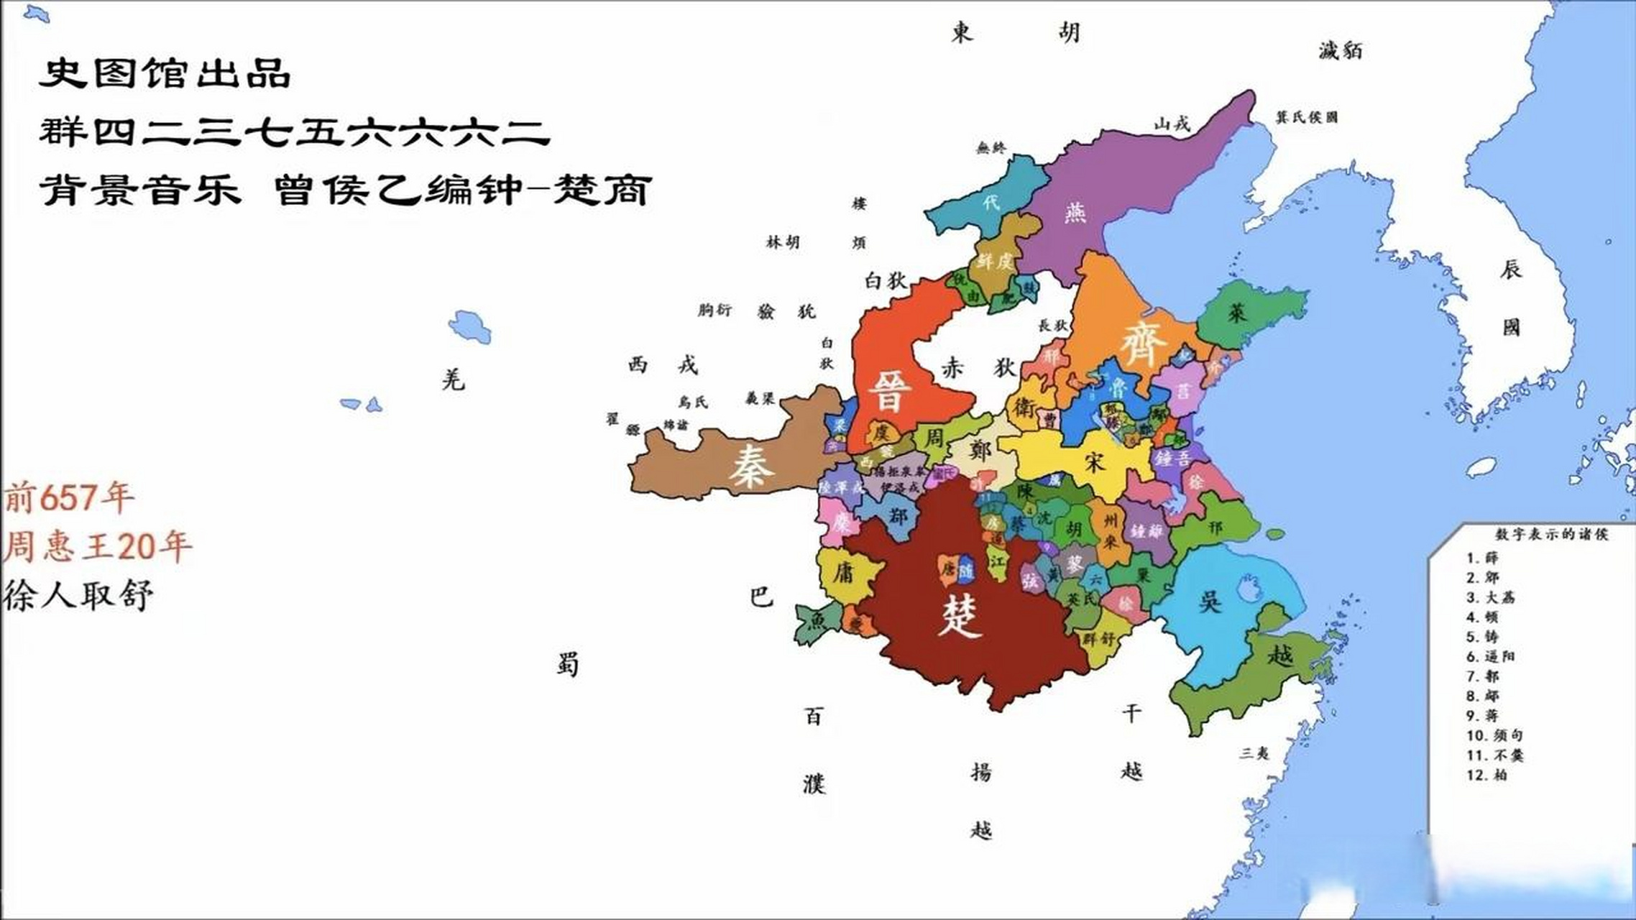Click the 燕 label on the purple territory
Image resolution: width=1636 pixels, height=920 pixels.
pyautogui.click(x=1075, y=212)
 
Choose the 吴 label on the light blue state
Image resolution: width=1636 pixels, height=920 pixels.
pyautogui.click(x=1210, y=600)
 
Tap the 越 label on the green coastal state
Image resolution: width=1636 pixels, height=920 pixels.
pyautogui.click(x=1280, y=655)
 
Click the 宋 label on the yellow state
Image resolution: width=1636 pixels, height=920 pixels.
pyautogui.click(x=1093, y=461)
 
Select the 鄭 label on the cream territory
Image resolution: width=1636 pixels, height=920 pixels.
pyautogui.click(x=979, y=451)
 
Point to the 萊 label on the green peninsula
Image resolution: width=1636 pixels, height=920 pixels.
pyautogui.click(x=1237, y=313)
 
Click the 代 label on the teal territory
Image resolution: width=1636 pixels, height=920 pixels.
pyautogui.click(x=991, y=202)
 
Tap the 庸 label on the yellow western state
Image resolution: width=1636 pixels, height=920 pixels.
pyautogui.click(x=843, y=573)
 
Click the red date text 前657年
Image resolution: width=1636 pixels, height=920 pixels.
pyautogui.click(x=69, y=497)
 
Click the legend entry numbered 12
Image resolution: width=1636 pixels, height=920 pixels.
pyautogui.click(x=1486, y=775)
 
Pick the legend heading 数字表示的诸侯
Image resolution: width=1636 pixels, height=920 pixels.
pyautogui.click(x=1551, y=534)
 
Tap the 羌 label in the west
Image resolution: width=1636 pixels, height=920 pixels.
pyautogui.click(x=453, y=379)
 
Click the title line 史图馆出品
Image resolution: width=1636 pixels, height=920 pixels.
pyautogui.click(x=165, y=73)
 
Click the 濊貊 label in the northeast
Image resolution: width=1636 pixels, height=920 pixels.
pyautogui.click(x=1340, y=50)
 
